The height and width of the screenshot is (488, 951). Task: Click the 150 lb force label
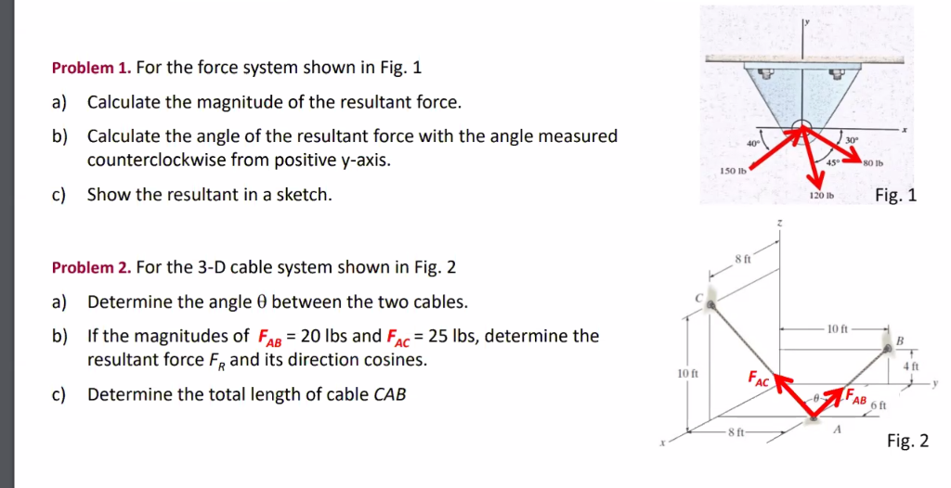[x=732, y=173]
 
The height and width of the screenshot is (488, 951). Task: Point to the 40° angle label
[x=753, y=141]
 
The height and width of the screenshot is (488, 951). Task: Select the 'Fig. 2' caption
[x=907, y=441]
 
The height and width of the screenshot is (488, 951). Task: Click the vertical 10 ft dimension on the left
[x=688, y=373]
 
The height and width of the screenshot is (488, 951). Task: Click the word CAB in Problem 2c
[x=389, y=394]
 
